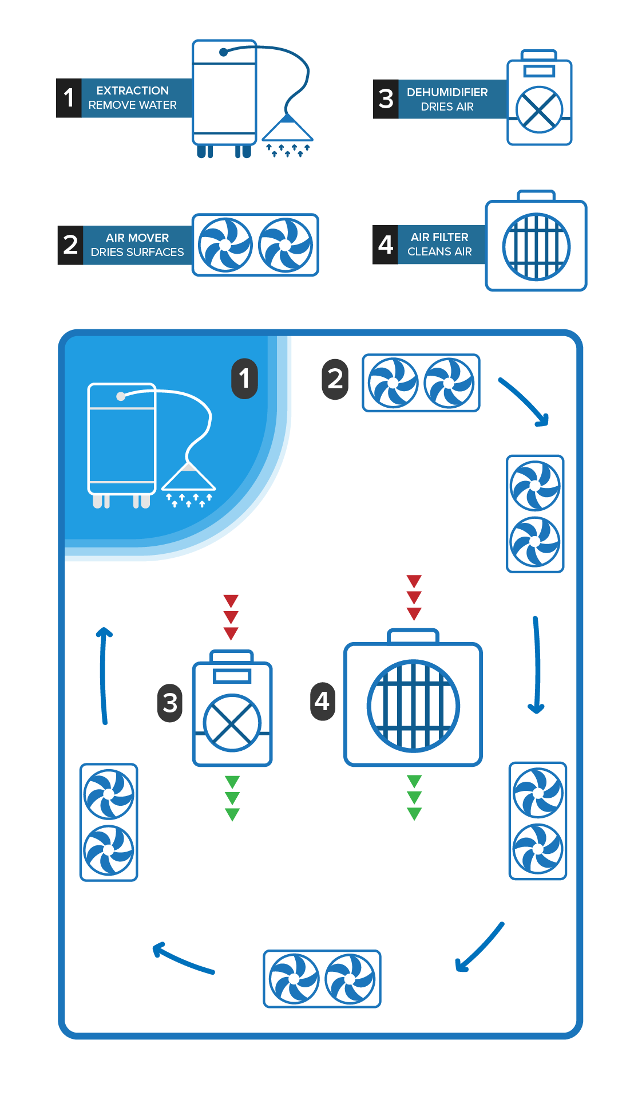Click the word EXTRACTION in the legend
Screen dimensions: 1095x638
(x=132, y=90)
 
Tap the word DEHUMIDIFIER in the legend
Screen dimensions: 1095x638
(x=447, y=92)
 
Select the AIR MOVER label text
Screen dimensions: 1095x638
(x=137, y=238)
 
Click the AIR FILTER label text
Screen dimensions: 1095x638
(x=439, y=237)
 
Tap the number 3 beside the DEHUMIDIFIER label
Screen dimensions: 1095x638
(x=386, y=99)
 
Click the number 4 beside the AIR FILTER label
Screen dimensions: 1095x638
(x=385, y=245)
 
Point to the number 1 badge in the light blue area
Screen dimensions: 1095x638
(x=244, y=379)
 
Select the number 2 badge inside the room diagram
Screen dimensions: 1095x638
(x=335, y=379)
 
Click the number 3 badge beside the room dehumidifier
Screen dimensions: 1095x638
(x=170, y=703)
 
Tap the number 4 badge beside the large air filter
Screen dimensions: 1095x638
(x=322, y=702)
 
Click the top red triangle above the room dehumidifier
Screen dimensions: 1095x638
(x=231, y=600)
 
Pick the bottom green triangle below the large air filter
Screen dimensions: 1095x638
(x=414, y=814)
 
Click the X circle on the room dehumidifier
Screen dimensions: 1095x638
(x=232, y=723)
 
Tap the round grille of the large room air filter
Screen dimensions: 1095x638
(x=413, y=706)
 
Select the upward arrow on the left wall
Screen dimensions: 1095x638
(x=104, y=676)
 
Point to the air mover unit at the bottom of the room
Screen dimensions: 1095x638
(x=322, y=979)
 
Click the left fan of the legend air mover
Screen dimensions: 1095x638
(x=225, y=245)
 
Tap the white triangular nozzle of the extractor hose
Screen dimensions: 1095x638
(x=188, y=478)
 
